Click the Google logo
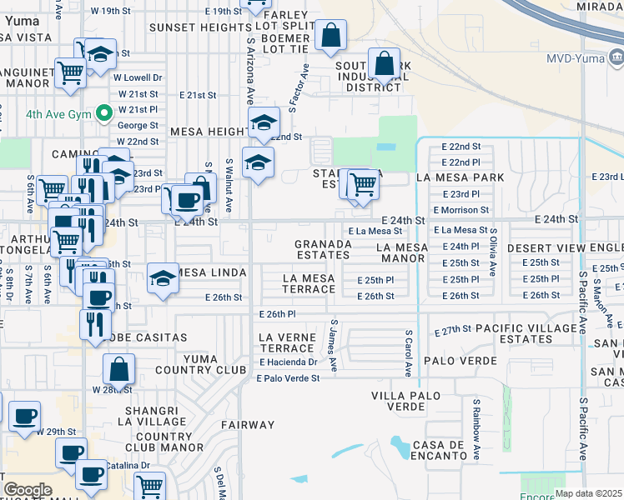pos(28,490)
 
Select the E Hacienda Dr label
pos(289,362)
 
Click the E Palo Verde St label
pos(289,378)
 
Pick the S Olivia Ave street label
pos(494,251)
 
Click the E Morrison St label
pos(460,210)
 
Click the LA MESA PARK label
pos(460,177)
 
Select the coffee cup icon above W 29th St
pos(24,414)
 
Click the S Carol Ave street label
pos(409,357)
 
